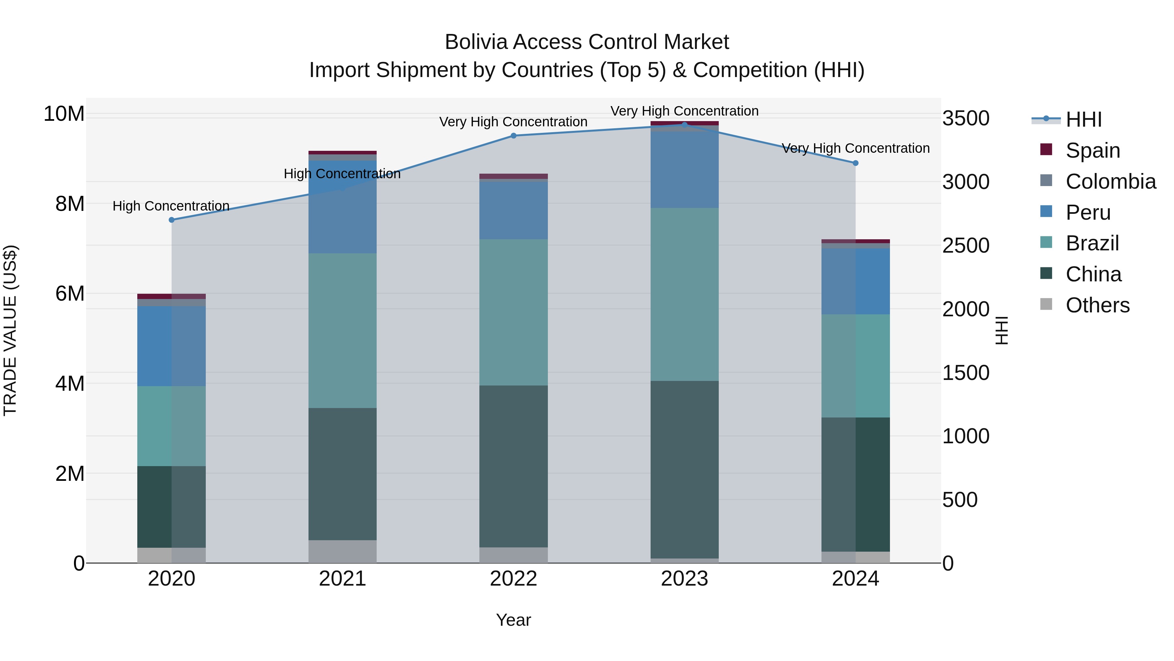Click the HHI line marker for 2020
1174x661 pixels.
point(171,220)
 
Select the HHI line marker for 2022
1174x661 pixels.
point(514,135)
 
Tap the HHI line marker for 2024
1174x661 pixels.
point(855,163)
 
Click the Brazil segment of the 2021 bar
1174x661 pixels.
point(342,331)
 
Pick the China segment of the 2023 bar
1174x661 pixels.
point(685,470)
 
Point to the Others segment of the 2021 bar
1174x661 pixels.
point(342,552)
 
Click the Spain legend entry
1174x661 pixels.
point(1092,150)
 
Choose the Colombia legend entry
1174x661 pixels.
point(1110,181)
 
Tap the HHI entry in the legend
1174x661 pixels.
point(1083,119)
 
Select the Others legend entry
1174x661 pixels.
point(1097,305)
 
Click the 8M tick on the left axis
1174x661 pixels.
point(70,204)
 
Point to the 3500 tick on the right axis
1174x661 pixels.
point(966,118)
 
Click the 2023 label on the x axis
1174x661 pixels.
point(685,579)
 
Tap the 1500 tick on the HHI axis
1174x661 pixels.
point(966,373)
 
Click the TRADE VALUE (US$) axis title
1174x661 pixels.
point(10,330)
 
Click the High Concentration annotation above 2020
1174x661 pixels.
point(171,206)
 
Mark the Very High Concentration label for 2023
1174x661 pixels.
point(685,111)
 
